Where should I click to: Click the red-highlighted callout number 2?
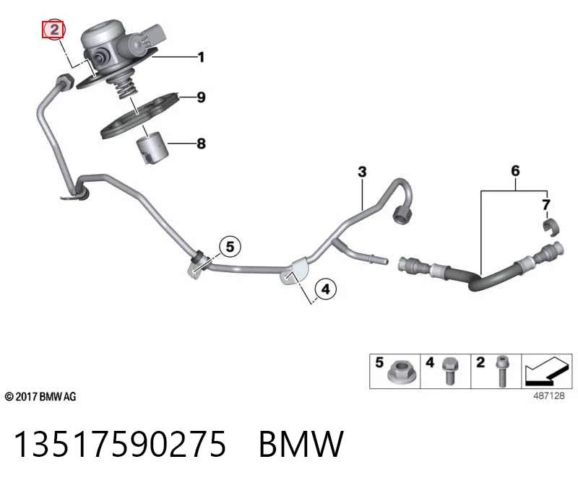click(x=53, y=30)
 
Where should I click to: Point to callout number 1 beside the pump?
click(x=201, y=57)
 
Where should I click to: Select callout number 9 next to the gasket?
click(x=201, y=97)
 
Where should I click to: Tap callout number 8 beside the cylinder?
click(x=201, y=143)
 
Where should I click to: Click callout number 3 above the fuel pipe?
click(x=363, y=172)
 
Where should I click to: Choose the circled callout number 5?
click(x=230, y=246)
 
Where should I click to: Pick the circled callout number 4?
click(x=326, y=289)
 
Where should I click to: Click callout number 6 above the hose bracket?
click(x=515, y=170)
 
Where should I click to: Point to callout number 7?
click(x=546, y=204)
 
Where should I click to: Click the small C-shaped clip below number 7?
click(x=551, y=227)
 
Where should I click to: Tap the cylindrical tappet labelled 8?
click(x=152, y=148)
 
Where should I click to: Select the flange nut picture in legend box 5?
click(x=402, y=372)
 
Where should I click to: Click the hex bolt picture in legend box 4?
click(x=450, y=370)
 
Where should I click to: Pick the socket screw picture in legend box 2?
click(x=501, y=371)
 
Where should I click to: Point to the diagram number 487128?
click(x=549, y=396)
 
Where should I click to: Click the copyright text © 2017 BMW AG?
click(x=40, y=397)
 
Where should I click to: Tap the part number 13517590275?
click(x=119, y=444)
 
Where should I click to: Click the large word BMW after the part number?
click(x=301, y=444)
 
